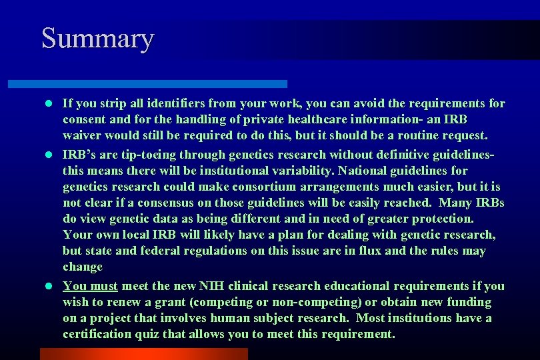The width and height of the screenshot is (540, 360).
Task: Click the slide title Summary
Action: [97, 38]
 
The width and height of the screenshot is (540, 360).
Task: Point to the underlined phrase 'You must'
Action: [90, 286]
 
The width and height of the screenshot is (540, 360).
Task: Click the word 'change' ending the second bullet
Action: [83, 267]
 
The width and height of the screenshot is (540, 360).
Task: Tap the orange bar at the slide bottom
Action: [143, 353]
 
